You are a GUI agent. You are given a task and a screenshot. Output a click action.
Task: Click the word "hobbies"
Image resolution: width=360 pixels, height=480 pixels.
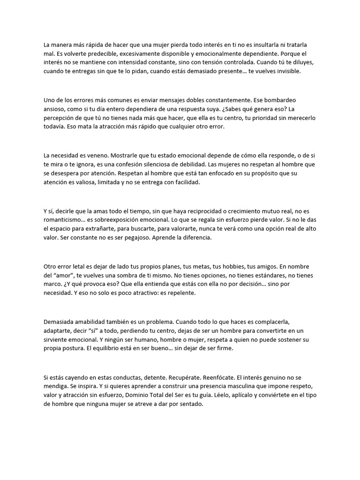point(234,266)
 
